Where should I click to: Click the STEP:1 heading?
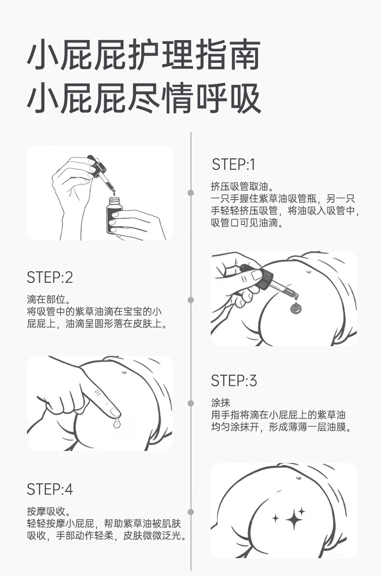[x=233, y=165]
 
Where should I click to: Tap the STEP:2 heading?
[x=50, y=277]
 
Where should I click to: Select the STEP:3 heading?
[x=234, y=381]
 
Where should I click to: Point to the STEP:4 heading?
[x=50, y=489]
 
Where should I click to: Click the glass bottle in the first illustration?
[x=114, y=215]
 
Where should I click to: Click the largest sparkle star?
[x=294, y=519]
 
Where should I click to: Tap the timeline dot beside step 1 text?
[x=190, y=193]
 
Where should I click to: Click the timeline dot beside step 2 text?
[x=190, y=300]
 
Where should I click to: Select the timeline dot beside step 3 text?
[x=190, y=403]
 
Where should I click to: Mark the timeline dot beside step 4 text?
[x=190, y=512]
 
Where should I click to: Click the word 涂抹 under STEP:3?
[x=220, y=403]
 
